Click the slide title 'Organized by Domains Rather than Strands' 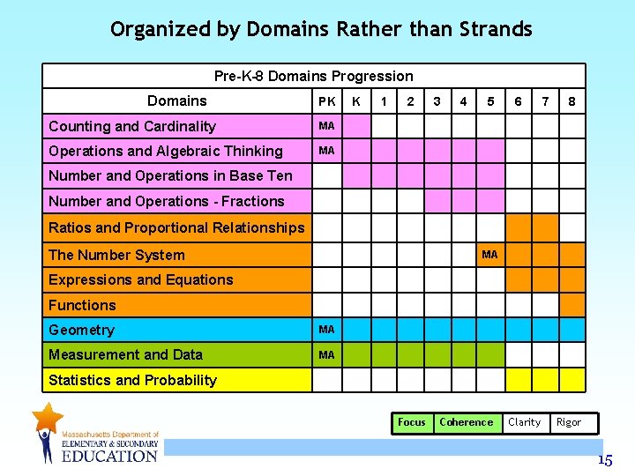321,29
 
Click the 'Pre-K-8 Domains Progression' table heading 313,76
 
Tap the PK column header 326,101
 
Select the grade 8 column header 571,101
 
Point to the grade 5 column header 490,101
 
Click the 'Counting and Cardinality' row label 132,126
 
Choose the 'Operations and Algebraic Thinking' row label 166,151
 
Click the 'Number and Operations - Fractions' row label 167,201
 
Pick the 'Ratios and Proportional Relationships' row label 176,227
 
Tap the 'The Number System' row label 116,255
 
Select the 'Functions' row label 82,305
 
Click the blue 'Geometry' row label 81,330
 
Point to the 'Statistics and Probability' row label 132,380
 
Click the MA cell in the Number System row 489,255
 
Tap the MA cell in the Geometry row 326,330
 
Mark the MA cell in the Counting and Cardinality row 326,126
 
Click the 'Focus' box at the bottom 411,422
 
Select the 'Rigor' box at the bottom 569,422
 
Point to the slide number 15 604,460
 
